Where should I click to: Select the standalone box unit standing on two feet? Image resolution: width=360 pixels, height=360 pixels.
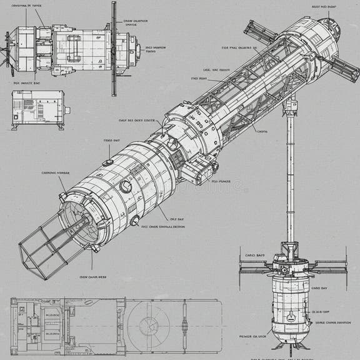(x=38, y=109)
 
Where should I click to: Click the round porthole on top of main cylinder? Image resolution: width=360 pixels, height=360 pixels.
(x=126, y=186)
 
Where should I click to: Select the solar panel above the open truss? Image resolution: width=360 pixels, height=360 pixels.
(x=260, y=32)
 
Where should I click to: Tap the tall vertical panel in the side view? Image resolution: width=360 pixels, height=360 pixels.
(x=114, y=49)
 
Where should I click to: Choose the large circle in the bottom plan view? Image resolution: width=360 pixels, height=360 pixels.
(x=150, y=326)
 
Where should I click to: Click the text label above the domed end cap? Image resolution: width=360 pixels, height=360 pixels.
(x=324, y=7)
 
